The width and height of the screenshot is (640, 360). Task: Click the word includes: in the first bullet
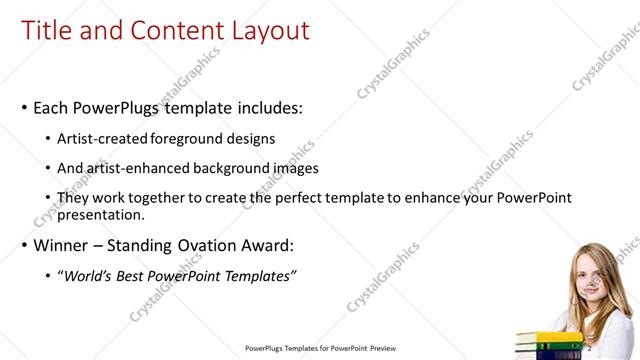point(262,106)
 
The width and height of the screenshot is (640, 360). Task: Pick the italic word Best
point(136,276)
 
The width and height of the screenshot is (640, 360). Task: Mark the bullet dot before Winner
point(24,246)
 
